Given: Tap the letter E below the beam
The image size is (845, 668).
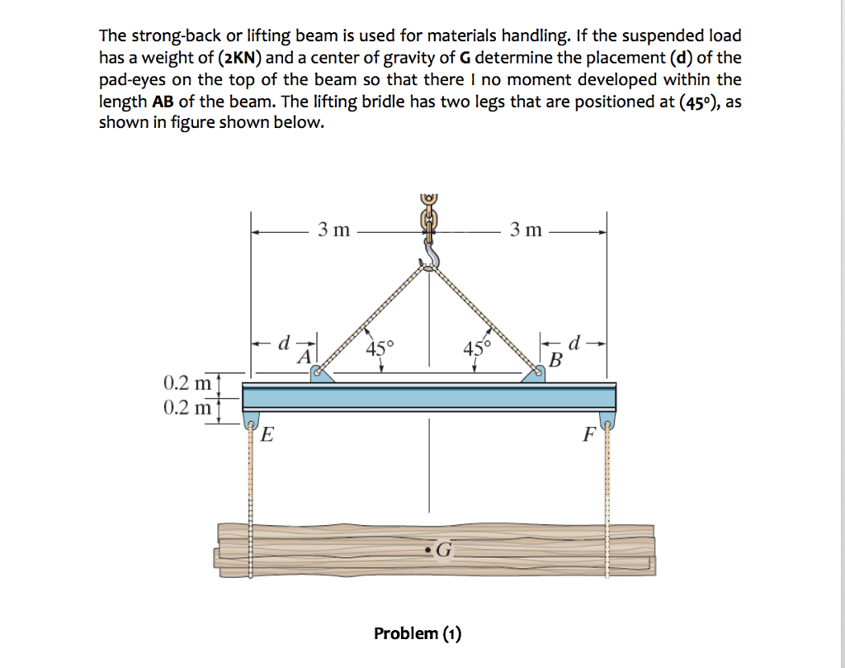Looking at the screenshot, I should [x=267, y=436].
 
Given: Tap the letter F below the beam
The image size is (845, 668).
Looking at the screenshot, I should [x=588, y=436].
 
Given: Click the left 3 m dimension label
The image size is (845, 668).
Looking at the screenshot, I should [x=333, y=230].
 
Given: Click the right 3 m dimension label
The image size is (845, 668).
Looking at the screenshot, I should [x=526, y=230].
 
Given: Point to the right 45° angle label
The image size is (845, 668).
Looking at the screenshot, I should [x=476, y=348].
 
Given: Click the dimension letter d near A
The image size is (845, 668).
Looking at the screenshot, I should [x=286, y=341].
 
